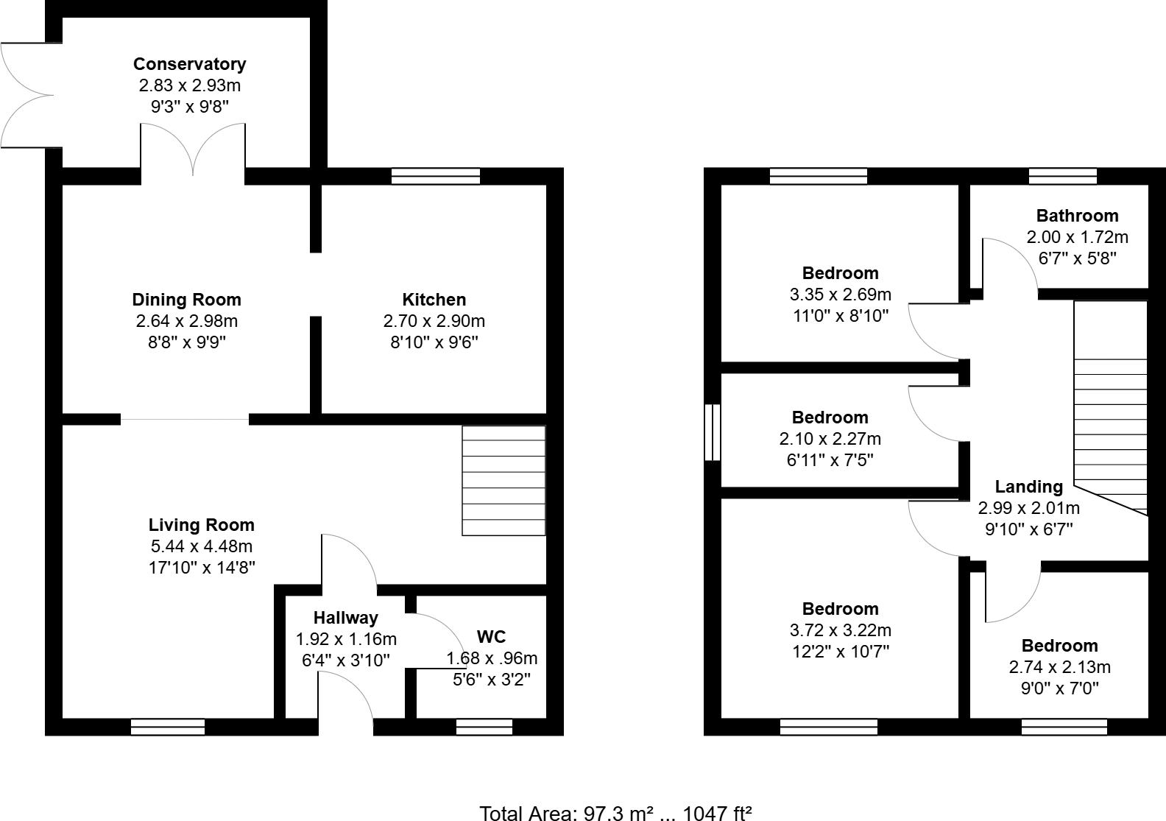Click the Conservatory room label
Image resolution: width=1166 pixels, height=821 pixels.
pos(189,64)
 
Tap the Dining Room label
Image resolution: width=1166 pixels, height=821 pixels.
pos(186,300)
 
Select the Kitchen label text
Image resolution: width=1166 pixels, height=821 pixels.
pos(434,300)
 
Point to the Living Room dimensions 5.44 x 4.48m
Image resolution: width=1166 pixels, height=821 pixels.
pos(201,546)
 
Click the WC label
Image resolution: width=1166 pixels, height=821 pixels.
pos(491,637)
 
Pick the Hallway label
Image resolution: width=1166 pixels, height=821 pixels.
pos(345,618)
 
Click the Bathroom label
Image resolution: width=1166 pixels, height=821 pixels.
pos(1077,216)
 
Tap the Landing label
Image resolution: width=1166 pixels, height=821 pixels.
pos(1028,487)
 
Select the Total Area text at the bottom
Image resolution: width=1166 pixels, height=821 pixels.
pos(615,813)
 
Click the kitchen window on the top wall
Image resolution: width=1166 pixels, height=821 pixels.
pos(436,176)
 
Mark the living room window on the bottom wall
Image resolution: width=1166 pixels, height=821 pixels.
pos(168,727)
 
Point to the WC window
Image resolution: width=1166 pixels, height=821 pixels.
pos(484,727)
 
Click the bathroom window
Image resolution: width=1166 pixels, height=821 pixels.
pos(1062,176)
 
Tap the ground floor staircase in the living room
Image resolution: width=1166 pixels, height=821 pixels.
pos(504,481)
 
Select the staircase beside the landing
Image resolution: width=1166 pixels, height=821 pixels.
pos(1110,412)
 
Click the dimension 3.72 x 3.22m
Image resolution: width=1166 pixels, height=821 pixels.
pos(840,630)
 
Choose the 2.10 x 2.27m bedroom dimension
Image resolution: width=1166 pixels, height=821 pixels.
pos(830,439)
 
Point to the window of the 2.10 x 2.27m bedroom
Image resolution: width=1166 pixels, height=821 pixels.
pos(712,432)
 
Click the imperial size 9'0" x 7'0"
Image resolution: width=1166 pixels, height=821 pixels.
pos(1059,688)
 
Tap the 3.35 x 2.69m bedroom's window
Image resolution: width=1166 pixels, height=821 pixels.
pos(818,176)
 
